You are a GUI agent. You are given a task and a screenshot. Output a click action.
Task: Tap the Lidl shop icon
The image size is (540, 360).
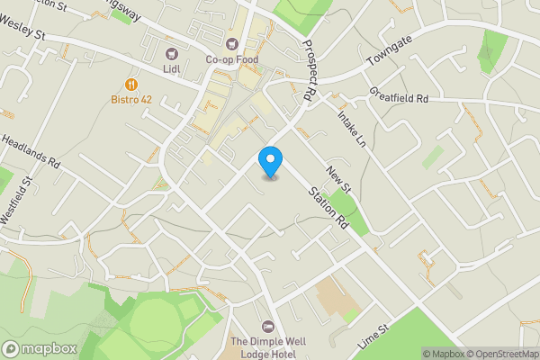click(x=171, y=52)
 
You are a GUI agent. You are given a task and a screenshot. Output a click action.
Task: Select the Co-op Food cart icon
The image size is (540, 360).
click(x=232, y=43)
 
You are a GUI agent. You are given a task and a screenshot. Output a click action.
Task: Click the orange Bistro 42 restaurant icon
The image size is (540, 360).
click(x=131, y=84)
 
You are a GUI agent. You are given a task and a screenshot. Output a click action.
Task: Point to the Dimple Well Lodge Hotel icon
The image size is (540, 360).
click(x=265, y=326)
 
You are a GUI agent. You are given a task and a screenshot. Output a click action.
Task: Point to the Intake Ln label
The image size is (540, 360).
click(x=351, y=130)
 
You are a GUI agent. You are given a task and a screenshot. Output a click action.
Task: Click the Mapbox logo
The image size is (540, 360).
click(x=40, y=348)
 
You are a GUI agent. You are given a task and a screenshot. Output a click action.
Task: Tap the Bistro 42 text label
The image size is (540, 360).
click(x=131, y=100)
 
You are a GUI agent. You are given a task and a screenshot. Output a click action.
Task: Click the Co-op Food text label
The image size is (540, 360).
click(x=232, y=59)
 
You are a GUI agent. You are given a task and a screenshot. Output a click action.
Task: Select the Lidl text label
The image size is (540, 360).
click(x=171, y=68)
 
